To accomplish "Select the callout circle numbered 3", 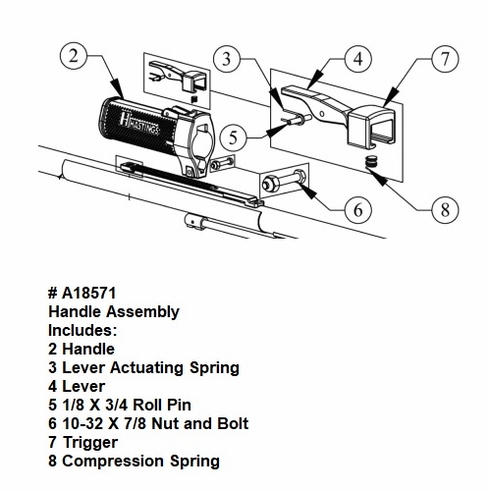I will click(x=228, y=60).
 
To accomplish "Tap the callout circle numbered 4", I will click(x=358, y=58).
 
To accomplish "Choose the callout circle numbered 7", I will click(x=445, y=58).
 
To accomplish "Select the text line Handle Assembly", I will click(x=114, y=312).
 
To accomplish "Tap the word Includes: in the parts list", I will click(x=82, y=331).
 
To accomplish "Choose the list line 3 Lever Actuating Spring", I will click(x=143, y=368).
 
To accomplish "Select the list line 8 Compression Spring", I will click(x=134, y=462).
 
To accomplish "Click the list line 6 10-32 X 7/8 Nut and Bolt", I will click(x=148, y=424).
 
